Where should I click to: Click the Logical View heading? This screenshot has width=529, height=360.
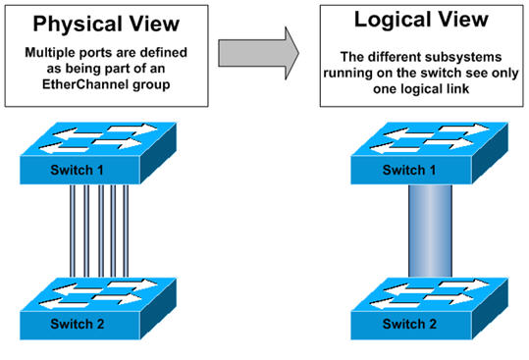click(419, 21)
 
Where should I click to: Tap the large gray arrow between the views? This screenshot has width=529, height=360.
click(258, 52)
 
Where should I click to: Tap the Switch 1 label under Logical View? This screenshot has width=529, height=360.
click(410, 170)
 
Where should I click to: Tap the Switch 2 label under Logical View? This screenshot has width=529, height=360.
click(409, 320)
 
